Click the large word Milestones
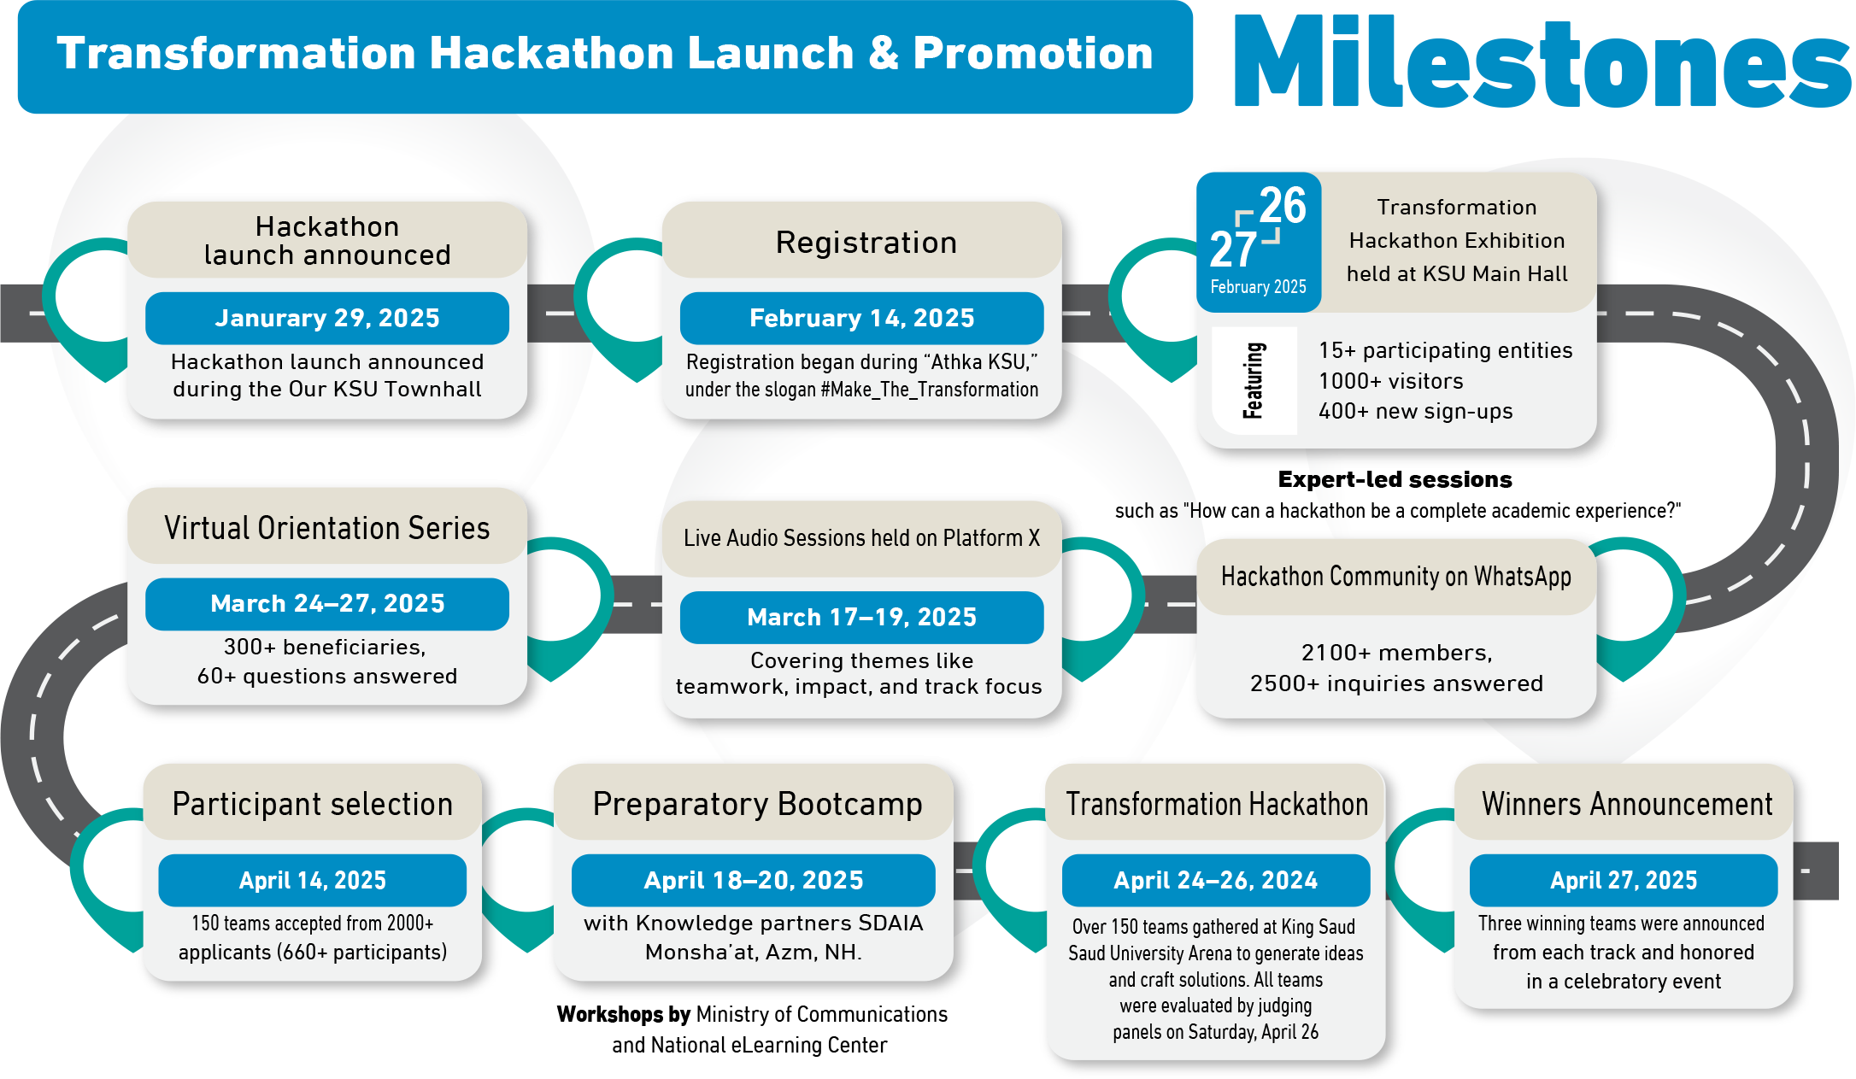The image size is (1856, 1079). click(x=1542, y=62)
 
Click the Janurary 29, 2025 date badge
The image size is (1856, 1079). click(x=327, y=318)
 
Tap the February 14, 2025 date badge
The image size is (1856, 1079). click(x=861, y=318)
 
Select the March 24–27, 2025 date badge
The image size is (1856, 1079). click(x=327, y=603)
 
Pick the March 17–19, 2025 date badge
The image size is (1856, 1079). click(x=861, y=617)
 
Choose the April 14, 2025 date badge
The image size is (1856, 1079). click(x=313, y=880)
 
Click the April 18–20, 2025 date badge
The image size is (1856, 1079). click(x=754, y=880)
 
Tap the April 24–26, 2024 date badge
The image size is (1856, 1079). click(x=1216, y=880)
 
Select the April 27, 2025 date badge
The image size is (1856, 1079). click(x=1624, y=880)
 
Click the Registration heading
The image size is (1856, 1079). click(x=866, y=243)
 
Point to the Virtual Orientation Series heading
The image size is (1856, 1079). click(x=327, y=528)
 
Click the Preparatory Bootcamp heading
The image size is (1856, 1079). click(x=757, y=805)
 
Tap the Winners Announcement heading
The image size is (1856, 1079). click(x=1627, y=804)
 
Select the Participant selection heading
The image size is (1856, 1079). click(x=313, y=804)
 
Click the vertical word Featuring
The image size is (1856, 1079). click(x=1254, y=381)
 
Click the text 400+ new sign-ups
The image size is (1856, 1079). click(x=1415, y=412)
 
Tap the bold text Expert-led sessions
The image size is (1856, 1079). click(x=1395, y=479)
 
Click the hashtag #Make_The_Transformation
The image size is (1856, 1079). click(x=929, y=390)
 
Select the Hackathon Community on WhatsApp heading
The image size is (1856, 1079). click(x=1396, y=577)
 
